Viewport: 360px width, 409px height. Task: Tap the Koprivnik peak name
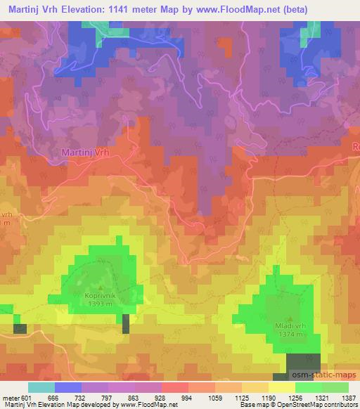[100, 297]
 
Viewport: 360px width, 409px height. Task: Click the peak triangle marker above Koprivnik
[100, 287]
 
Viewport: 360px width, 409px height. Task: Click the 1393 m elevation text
[100, 304]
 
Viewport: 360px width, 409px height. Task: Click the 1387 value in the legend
[347, 398]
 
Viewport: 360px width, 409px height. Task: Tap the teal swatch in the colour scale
[41, 387]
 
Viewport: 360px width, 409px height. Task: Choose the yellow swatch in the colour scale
[282, 387]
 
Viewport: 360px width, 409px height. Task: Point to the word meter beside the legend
[11, 398]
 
